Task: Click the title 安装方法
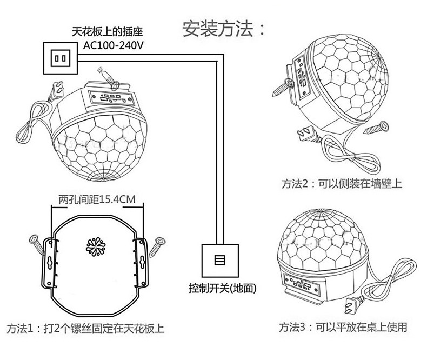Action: pyautogui.click(x=224, y=29)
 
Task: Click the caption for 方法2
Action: pyautogui.click(x=342, y=184)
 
